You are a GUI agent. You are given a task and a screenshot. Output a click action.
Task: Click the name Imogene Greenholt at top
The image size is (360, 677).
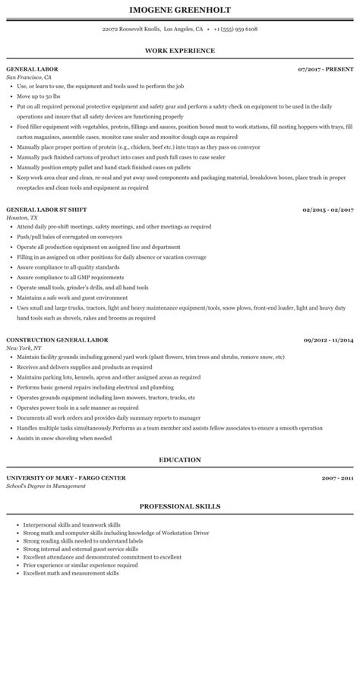pyautogui.click(x=180, y=9)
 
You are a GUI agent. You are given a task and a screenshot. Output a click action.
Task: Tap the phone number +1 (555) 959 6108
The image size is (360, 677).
pyautogui.click(x=235, y=29)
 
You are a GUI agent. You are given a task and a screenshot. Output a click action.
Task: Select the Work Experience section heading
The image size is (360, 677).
pyautogui.click(x=180, y=50)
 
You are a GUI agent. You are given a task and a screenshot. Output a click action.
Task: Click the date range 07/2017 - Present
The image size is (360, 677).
pyautogui.click(x=327, y=69)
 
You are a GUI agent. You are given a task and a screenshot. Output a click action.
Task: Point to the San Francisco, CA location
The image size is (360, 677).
pyautogui.click(x=29, y=77)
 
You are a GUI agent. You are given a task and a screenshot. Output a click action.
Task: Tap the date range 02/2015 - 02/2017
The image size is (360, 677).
pyautogui.click(x=328, y=187)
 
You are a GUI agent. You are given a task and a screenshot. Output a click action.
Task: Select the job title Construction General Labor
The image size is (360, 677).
pyautogui.click(x=57, y=318)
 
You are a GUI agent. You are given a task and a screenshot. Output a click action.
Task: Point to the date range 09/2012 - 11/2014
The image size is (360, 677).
pyautogui.click(x=328, y=318)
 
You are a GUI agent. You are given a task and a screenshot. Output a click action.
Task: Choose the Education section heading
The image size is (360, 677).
pyautogui.click(x=180, y=459)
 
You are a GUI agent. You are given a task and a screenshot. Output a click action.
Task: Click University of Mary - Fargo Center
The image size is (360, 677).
pyautogui.click(x=66, y=477)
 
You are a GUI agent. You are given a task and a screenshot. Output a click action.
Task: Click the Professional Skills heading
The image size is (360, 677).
pyautogui.click(x=180, y=505)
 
